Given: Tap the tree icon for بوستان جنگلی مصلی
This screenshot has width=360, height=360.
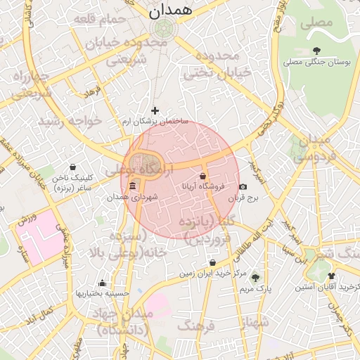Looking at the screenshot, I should [317, 50].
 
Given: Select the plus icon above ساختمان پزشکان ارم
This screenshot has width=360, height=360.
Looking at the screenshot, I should [155, 110].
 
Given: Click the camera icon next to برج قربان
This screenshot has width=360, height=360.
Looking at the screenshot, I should [243, 187].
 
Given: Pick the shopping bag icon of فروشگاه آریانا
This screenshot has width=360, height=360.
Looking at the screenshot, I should [203, 176].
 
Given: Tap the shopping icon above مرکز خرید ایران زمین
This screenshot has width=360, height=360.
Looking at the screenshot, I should [212, 263].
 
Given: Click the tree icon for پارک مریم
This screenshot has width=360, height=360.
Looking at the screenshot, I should [255, 278].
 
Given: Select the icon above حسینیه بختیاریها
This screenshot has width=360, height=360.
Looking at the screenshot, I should [103, 283].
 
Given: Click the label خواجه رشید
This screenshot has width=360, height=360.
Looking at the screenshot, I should [70, 121].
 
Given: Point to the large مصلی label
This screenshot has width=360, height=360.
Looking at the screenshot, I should [316, 22].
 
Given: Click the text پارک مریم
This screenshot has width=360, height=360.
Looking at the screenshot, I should [255, 289].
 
